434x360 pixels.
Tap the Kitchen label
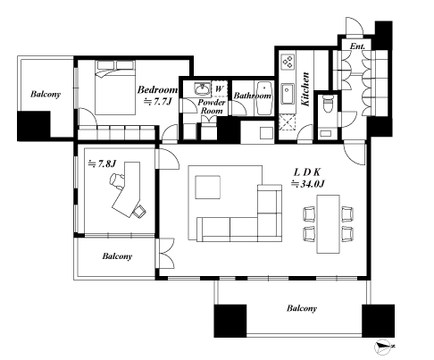305,89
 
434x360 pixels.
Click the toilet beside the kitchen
328,102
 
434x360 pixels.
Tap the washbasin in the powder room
198,88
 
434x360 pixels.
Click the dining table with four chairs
324,222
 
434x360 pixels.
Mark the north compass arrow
382,346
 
